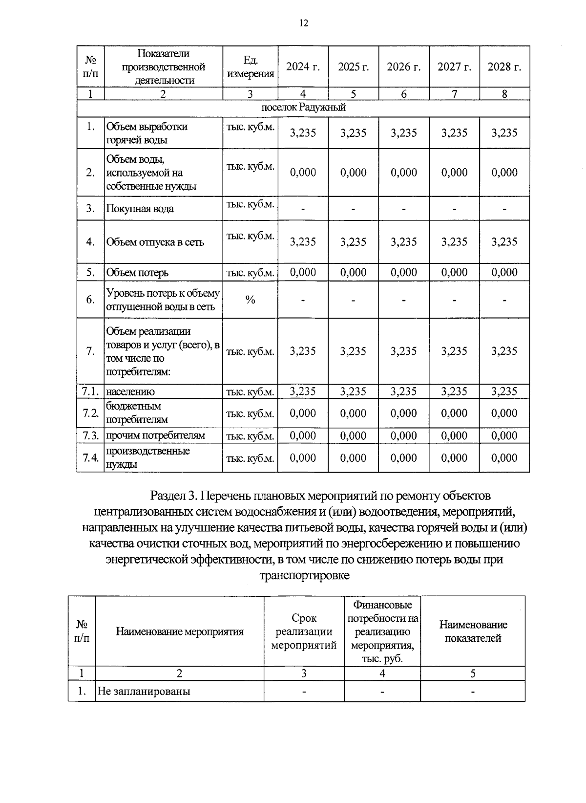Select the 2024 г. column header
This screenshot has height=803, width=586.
pyautogui.click(x=303, y=67)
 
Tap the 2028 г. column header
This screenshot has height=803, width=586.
pyautogui.click(x=504, y=67)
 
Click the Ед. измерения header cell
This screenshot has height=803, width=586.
pyautogui.click(x=251, y=67)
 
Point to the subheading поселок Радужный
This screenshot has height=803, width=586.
pyautogui.click(x=303, y=108)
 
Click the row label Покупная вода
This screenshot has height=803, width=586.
pyautogui.click(x=140, y=209)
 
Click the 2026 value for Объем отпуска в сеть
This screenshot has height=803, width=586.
pyautogui.click(x=404, y=242)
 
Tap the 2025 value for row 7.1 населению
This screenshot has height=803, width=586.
pyautogui.click(x=353, y=391)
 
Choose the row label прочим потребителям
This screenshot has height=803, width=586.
pyautogui.click(x=155, y=435)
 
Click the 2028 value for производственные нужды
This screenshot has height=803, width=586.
pyautogui.click(x=504, y=458)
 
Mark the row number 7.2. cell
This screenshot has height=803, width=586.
pyautogui.click(x=90, y=413)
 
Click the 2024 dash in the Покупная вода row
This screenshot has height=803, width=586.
pyautogui.click(x=303, y=209)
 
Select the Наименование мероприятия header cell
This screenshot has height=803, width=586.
pyautogui.click(x=179, y=631)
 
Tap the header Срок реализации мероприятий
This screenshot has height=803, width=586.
pyautogui.click(x=304, y=631)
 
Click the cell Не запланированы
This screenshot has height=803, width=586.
pyautogui.click(x=144, y=692)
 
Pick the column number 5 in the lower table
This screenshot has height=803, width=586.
pyautogui.click(x=472, y=673)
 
